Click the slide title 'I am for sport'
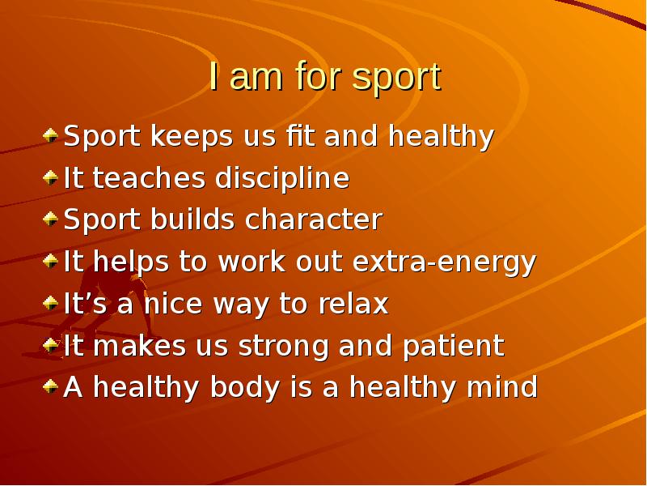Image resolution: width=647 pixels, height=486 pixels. pos(325,77)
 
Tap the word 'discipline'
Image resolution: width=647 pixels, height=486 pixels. pos(282,179)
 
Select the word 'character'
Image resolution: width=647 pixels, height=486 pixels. pos(314,219)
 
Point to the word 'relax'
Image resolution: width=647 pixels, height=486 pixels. pos(353,303)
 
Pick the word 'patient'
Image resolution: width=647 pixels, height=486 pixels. pos(454,347)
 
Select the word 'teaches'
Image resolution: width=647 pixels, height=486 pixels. pos(149,178)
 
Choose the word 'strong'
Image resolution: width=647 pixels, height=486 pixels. pos(284,347)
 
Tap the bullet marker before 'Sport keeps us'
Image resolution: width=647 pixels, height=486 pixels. pos(50,135)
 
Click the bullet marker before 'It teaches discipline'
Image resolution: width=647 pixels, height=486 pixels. pos(50,177)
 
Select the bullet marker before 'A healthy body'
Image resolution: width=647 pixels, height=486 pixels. pos(50,386)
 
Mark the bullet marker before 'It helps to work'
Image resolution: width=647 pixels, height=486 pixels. pos(50,261)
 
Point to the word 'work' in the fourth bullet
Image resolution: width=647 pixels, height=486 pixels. pos(252,261)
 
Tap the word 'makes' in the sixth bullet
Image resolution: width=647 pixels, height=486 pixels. pos(140,345)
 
